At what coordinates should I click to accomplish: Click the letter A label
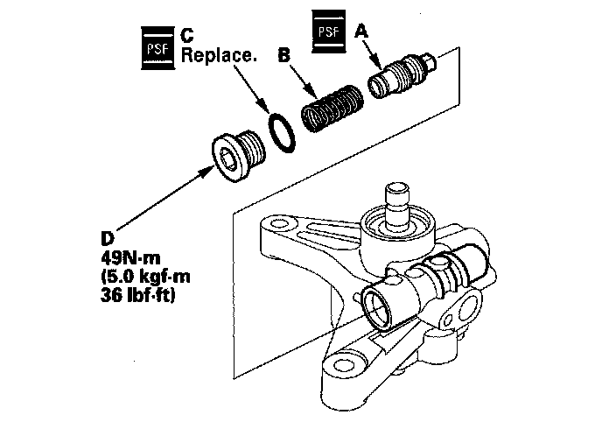360,32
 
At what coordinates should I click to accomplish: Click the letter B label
283,55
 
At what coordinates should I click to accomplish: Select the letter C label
187,35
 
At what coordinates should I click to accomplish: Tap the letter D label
108,238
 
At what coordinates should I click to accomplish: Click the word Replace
218,55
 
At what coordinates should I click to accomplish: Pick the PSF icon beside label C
157,48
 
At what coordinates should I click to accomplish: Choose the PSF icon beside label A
329,32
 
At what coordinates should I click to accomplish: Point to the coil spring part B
332,109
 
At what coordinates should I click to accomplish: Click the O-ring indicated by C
282,132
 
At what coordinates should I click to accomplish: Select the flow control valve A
402,75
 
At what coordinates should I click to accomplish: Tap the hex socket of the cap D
226,159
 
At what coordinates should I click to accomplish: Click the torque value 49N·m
130,257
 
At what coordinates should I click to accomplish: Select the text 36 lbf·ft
138,295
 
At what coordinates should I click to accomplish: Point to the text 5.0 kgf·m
145,277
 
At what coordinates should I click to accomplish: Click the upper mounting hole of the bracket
276,223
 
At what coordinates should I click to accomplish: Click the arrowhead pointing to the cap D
206,172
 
